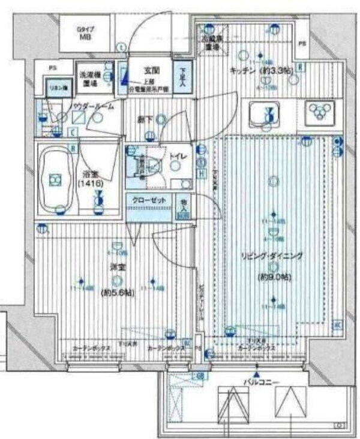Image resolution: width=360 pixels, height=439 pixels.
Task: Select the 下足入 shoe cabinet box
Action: pyautogui.click(x=184, y=77)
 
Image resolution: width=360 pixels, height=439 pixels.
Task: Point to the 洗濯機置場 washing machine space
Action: pyautogui.click(x=92, y=79)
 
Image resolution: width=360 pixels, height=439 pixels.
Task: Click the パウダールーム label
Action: pyautogui.click(x=91, y=107)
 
